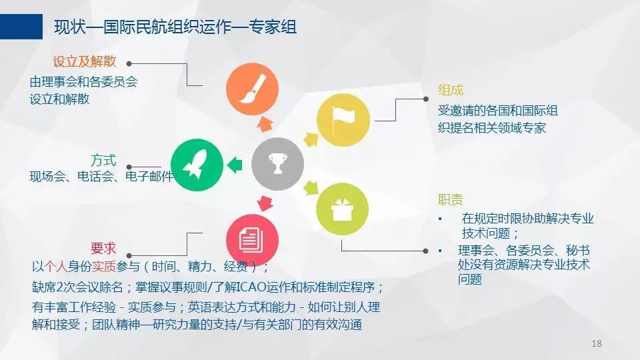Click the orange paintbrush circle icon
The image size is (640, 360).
[x=252, y=89]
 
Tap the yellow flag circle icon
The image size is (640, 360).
[x=343, y=120]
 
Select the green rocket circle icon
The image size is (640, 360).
[x=197, y=165]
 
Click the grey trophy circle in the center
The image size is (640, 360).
[x=277, y=164]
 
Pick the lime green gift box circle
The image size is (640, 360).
[x=343, y=209]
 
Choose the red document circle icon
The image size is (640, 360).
[x=252, y=240]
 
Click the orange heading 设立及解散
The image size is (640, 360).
[x=85, y=61]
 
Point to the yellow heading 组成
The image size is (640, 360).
[x=451, y=90]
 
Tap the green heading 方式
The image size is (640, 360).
[x=103, y=160]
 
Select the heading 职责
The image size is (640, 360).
[x=451, y=199]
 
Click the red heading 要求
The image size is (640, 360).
[x=103, y=248]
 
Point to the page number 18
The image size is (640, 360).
[x=596, y=343]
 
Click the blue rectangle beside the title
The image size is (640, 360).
[x=21, y=27]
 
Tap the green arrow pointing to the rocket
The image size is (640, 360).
[x=235, y=165]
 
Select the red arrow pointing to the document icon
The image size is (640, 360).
[x=265, y=203]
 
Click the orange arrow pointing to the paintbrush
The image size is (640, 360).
[x=265, y=124]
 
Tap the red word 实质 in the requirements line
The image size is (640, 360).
[x=104, y=267]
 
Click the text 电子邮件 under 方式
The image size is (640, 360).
[x=149, y=176]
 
